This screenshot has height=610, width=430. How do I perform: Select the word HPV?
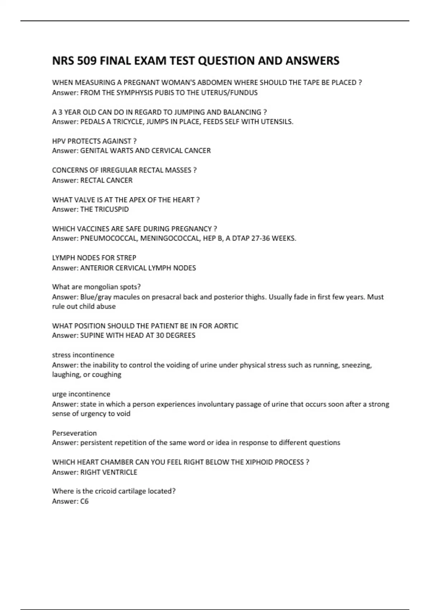click(59, 141)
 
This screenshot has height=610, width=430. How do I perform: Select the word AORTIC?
click(226, 326)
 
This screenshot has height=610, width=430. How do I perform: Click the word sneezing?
click(357, 365)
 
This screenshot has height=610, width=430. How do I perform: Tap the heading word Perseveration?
click(74, 433)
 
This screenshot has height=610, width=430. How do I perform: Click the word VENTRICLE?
click(120, 472)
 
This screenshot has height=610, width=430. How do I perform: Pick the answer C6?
click(84, 501)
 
